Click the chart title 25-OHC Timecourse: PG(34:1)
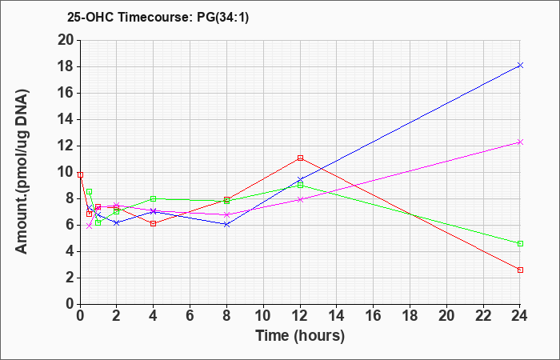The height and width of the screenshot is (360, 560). pyautogui.click(x=158, y=17)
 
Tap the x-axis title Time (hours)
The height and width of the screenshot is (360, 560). pyautogui.click(x=300, y=336)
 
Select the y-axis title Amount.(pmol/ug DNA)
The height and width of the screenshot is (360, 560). pyautogui.click(x=22, y=172)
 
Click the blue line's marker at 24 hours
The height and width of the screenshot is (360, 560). pyautogui.click(x=520, y=65)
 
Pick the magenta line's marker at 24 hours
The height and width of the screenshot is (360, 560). pyautogui.click(x=520, y=142)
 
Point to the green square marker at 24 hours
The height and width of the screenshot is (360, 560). pyautogui.click(x=520, y=243)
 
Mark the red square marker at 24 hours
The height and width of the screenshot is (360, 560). pyautogui.click(x=520, y=270)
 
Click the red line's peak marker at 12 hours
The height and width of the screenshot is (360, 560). pyautogui.click(x=300, y=158)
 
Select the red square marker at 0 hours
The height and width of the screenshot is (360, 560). pyautogui.click(x=80, y=175)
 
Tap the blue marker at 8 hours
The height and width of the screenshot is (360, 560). pyautogui.click(x=226, y=224)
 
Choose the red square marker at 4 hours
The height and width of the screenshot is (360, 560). pyautogui.click(x=154, y=223)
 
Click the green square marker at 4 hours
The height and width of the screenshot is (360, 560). pyautogui.click(x=154, y=198)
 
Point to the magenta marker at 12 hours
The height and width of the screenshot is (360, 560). pyautogui.click(x=300, y=200)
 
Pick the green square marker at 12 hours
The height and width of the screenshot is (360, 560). pyautogui.click(x=300, y=185)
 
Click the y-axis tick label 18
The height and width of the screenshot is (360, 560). pyautogui.click(x=66, y=66)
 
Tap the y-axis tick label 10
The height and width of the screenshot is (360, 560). pyautogui.click(x=66, y=173)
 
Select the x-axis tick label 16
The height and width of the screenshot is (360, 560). pyautogui.click(x=374, y=316)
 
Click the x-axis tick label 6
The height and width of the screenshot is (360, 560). pyautogui.click(x=190, y=316)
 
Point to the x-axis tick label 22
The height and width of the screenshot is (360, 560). pyautogui.click(x=483, y=316)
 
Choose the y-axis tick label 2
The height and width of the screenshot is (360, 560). pyautogui.click(x=70, y=278)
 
